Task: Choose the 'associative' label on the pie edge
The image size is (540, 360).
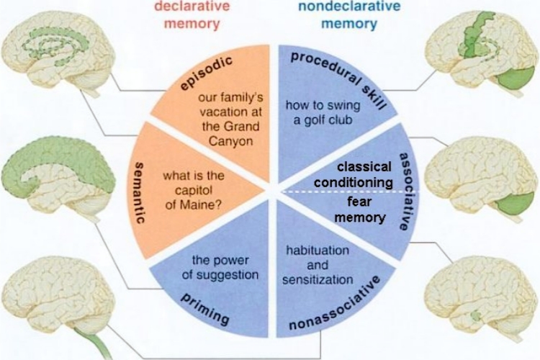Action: pyautogui.click(x=405, y=191)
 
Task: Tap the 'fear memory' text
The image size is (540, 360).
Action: pyautogui.click(x=363, y=209)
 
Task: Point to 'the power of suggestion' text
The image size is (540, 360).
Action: pyautogui.click(x=220, y=266)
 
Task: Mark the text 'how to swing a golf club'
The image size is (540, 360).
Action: pyautogui.click(x=318, y=113)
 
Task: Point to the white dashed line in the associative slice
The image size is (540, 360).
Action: pyautogui.click(x=338, y=192)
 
